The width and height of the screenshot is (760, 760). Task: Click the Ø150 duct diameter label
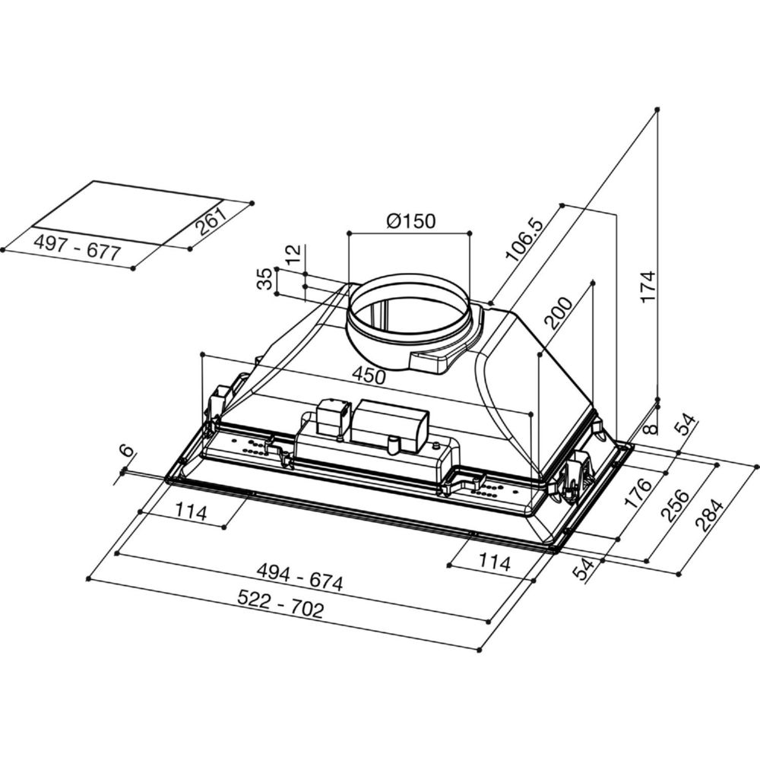pos(411,221)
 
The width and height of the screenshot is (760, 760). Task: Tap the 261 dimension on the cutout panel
pos(212,221)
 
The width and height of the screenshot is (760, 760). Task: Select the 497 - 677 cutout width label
pos(77,247)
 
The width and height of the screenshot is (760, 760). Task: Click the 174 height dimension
pos(648,287)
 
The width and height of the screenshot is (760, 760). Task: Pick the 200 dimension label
pos(558,312)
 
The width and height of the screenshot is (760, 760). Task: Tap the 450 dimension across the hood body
pos(369,375)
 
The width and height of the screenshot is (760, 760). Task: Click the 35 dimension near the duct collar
pos(264,279)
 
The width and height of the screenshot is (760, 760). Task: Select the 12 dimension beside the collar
pos(293,253)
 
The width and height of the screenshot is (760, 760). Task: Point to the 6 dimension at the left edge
pos(126,450)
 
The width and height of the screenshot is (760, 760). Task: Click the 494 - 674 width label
pos(299,576)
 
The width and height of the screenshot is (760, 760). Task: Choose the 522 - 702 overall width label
pos(280,604)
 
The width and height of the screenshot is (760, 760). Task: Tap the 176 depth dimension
pos(638,492)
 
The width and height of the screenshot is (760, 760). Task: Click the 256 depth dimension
pos(675,506)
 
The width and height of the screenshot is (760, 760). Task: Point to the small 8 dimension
pos(652,429)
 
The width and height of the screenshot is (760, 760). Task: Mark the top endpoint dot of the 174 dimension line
pos(657,109)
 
